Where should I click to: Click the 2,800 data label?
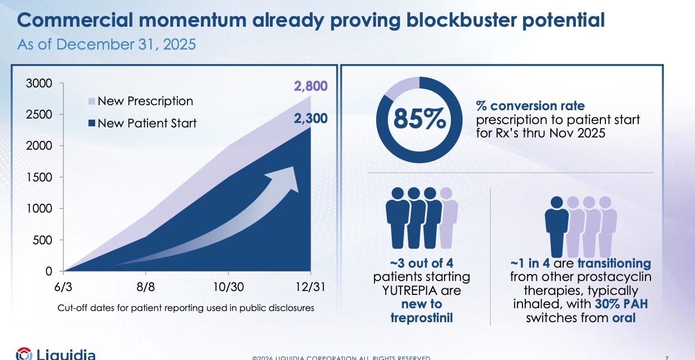(x=310, y=86)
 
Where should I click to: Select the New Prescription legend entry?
(x=145, y=101)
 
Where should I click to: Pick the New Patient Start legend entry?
(x=147, y=123)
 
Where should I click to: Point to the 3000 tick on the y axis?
(x=41, y=83)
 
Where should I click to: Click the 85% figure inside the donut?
(x=419, y=120)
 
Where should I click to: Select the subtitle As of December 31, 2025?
(x=107, y=44)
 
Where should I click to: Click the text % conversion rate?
(x=530, y=106)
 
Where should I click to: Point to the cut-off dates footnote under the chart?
(x=186, y=308)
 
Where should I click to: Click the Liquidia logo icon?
(x=23, y=354)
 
